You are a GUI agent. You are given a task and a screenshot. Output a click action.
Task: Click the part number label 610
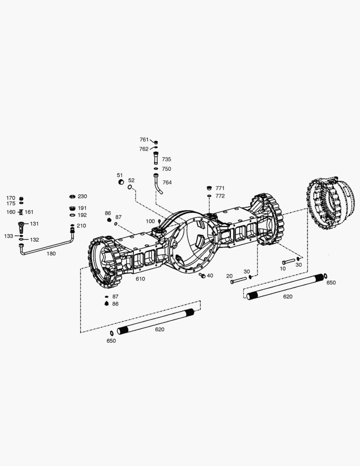[140, 279]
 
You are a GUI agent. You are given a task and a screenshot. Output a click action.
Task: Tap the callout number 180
[51, 254]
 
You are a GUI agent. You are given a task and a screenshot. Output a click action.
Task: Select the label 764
[167, 183]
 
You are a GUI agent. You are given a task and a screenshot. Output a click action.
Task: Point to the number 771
[220, 188]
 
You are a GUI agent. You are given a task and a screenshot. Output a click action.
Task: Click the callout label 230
[82, 196]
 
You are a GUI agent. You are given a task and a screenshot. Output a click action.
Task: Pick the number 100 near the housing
[150, 221]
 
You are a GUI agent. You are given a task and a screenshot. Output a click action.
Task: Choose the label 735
[166, 159]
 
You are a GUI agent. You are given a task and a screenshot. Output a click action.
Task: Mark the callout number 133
[9, 236]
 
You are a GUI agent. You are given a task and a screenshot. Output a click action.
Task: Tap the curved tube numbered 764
[157, 184]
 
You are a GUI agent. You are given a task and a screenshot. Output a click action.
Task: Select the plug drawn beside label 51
[121, 182]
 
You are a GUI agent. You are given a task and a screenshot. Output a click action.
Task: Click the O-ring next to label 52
[130, 187]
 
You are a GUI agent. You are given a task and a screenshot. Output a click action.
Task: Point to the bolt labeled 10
[288, 261]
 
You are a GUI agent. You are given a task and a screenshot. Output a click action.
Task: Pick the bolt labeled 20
[238, 280]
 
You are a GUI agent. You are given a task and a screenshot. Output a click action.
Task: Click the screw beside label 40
[202, 275]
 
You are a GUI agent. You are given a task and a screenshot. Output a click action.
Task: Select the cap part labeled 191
[72, 208]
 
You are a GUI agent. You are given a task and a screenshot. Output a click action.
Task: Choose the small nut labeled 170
[21, 198]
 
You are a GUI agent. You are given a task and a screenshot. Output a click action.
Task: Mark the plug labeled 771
[209, 188]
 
